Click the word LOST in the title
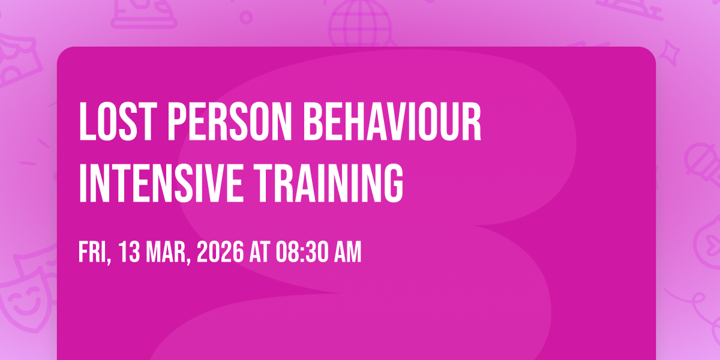(x=118, y=121)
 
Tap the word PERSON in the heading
(x=229, y=121)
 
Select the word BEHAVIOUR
(x=392, y=121)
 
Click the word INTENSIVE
(x=161, y=183)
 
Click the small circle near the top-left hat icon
(x=246, y=17)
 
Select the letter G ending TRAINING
(x=393, y=183)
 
